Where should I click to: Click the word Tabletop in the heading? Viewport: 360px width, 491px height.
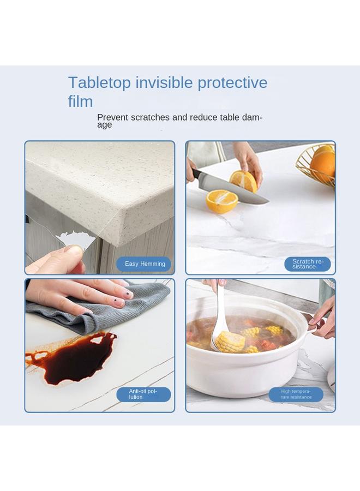99,83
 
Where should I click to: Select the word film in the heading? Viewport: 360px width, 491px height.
80,101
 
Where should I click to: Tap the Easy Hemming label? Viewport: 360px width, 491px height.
145,264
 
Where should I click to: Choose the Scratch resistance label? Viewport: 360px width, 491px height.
308,264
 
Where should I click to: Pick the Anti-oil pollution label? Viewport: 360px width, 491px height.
143,394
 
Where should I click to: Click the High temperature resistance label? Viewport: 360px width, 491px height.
296,394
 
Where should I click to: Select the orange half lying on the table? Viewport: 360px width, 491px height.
222,201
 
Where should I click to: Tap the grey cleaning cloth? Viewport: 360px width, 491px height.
109,308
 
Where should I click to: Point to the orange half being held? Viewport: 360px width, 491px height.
243,181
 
